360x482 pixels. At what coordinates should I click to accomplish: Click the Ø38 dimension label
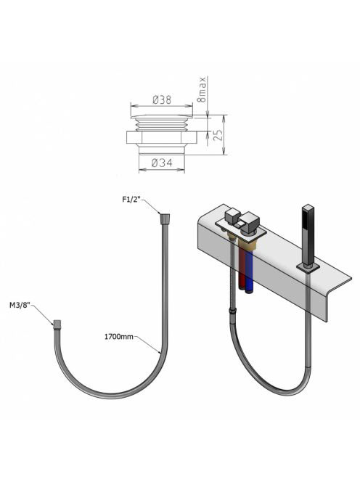coord(162,100)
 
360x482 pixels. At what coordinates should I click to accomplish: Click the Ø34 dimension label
coord(162,163)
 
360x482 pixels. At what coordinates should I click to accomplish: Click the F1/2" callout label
coord(131,200)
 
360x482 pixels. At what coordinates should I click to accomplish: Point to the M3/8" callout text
coord(20,305)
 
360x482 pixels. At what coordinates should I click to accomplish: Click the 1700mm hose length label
coord(119,337)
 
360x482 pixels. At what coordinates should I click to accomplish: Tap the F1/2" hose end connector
coord(165,218)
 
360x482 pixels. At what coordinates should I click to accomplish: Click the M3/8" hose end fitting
coord(57,324)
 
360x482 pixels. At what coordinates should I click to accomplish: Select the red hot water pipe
coord(242,266)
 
